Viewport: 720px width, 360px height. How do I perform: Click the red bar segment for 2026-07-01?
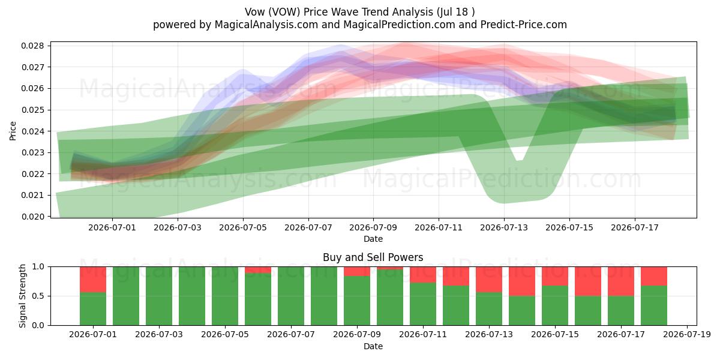click(93, 280)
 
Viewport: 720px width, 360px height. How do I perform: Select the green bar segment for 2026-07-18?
click(654, 305)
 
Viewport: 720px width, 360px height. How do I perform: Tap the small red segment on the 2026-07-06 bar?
click(258, 270)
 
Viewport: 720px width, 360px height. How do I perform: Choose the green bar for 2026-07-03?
click(159, 296)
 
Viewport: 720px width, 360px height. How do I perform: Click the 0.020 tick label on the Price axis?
click(32, 217)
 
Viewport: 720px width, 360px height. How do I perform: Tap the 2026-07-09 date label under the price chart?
click(373, 227)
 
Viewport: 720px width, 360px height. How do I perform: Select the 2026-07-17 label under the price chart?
click(635, 227)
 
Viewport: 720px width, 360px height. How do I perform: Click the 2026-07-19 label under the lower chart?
click(687, 335)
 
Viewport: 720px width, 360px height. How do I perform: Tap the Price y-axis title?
click(13, 131)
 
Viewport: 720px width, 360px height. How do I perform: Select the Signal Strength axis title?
click(22, 296)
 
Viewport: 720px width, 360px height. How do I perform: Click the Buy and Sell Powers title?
click(373, 257)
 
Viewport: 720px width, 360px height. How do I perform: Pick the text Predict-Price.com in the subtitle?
click(524, 25)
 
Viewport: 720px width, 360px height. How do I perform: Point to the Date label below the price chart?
click(373, 239)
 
